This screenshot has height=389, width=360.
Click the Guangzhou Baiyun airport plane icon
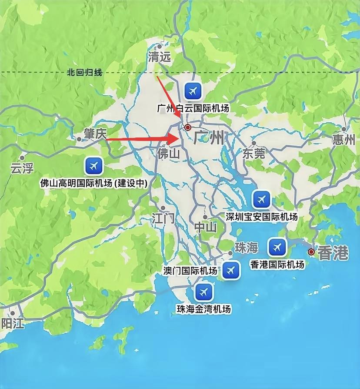click(193, 91)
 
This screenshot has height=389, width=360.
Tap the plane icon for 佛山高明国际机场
click(93, 165)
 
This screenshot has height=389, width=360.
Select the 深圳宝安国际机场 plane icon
click(261, 199)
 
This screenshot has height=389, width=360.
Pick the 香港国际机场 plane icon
click(277, 247)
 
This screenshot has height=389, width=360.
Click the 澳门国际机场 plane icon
click(230, 270)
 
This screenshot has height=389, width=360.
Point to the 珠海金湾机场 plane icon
click(203, 292)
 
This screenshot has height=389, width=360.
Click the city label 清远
click(160, 57)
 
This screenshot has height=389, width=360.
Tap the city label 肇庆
click(95, 134)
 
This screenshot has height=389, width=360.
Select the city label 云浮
click(22, 168)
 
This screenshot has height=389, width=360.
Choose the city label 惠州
click(343, 139)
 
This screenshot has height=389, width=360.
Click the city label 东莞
click(253, 153)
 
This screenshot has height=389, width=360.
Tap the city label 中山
click(205, 227)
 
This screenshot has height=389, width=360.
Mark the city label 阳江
click(12, 323)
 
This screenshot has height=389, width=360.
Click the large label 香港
click(333, 253)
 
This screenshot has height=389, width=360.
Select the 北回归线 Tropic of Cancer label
click(84, 73)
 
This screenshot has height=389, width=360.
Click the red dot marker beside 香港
click(311, 252)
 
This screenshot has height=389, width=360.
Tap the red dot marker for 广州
click(188, 127)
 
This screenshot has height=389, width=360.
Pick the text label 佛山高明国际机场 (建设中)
click(93, 183)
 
